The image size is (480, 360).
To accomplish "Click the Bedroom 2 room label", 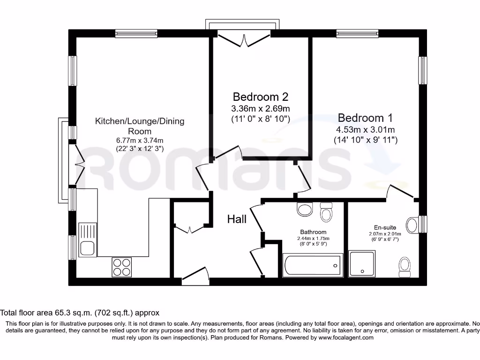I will (261, 97).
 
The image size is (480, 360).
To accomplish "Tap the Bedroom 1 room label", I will (365, 118).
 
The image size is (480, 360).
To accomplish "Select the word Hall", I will (237, 219).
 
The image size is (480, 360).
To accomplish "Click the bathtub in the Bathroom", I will (313, 266).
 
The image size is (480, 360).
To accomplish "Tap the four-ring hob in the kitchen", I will (121, 267).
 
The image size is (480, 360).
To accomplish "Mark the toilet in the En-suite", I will (404, 266).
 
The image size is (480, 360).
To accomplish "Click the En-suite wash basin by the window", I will (412, 225).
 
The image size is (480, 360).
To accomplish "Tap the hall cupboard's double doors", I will (189, 229).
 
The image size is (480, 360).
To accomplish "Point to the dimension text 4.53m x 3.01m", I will (365, 130).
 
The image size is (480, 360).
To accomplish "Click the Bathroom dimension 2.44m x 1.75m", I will (313, 238).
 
